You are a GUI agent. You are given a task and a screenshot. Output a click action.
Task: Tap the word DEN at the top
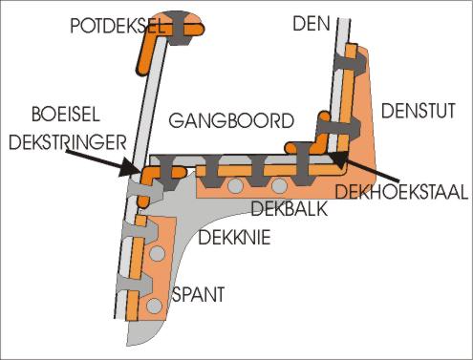point(312,22)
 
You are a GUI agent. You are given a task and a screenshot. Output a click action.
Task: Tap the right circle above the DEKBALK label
point(279,185)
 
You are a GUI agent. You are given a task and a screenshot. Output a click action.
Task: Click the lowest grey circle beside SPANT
point(153,307)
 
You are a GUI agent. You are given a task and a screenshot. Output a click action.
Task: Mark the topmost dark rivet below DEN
point(354,58)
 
